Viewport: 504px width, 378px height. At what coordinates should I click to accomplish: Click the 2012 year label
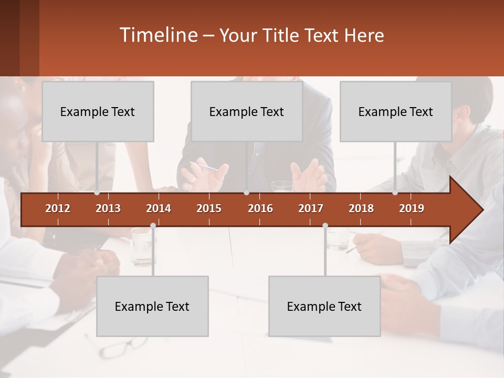click(x=58, y=208)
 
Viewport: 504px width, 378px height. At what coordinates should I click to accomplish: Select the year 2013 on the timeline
click(x=108, y=208)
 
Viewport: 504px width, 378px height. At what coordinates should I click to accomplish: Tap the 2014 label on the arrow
click(x=159, y=208)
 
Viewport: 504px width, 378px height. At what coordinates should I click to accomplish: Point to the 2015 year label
click(x=209, y=208)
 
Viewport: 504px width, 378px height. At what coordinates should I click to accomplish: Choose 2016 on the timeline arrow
click(x=260, y=208)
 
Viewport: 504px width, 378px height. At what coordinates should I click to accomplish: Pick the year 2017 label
click(x=311, y=208)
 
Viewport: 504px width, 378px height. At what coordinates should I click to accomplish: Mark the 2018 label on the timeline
click(x=361, y=208)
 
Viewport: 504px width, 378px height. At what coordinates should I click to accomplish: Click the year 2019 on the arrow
click(x=412, y=208)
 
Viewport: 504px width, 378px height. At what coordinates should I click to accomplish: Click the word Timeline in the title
click(x=157, y=35)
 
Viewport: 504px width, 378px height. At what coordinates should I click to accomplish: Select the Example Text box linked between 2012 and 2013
click(x=98, y=111)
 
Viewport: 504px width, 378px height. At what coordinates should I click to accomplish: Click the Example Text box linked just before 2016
click(x=247, y=111)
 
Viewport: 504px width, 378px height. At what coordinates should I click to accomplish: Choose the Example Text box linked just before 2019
click(x=396, y=111)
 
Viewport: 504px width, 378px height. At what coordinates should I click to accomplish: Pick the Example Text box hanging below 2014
click(x=152, y=306)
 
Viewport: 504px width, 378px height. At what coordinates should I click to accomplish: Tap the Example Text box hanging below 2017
click(x=324, y=306)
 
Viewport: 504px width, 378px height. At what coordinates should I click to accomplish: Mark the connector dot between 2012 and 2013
click(x=97, y=193)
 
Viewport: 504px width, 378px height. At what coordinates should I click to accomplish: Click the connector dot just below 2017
click(x=325, y=226)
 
